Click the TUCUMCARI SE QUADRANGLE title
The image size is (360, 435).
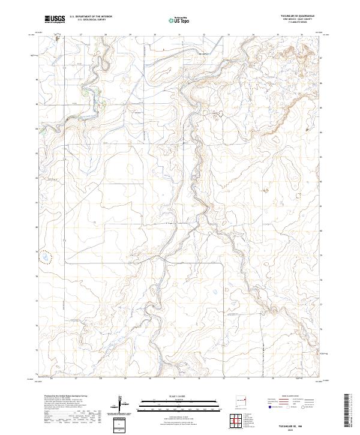297,16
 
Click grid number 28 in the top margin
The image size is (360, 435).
106,35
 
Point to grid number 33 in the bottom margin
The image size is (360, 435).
224,379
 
